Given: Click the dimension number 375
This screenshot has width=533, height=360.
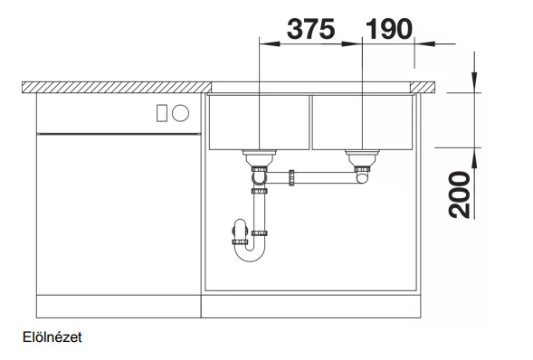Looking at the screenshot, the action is click(311, 29).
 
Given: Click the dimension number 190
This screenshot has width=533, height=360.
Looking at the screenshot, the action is click(389, 29).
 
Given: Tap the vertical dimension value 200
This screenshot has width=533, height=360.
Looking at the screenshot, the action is click(459, 194).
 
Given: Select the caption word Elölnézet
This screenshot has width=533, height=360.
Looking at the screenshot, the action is click(52, 337).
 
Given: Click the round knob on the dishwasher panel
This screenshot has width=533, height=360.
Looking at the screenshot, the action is click(180, 113).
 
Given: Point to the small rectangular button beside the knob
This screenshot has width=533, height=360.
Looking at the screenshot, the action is click(161, 113).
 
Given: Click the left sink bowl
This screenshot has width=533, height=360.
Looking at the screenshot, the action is click(259, 122).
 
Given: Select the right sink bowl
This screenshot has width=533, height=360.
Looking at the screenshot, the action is click(362, 122).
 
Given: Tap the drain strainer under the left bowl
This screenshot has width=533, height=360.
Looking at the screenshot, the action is click(260, 157).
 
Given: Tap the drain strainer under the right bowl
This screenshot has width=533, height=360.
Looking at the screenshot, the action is click(362, 157).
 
